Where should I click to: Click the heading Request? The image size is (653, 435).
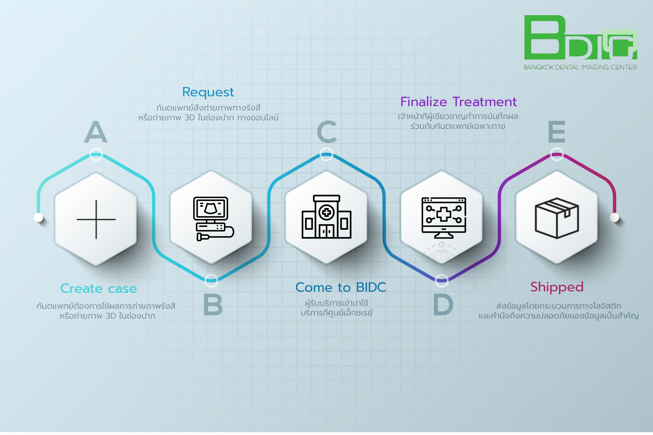[208, 92]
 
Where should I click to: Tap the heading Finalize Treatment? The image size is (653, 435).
[458, 101]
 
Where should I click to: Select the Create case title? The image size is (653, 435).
[98, 289]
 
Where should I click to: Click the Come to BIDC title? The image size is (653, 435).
[341, 287]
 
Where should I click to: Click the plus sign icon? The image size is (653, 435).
[96, 219]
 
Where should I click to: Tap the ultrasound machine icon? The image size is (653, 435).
[214, 219]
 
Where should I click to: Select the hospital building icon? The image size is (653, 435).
[326, 217]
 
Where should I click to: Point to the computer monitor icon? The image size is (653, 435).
[444, 218]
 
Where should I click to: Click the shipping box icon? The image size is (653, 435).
[557, 218]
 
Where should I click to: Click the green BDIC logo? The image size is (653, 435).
[581, 37]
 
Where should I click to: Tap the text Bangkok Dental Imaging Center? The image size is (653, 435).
[580, 67]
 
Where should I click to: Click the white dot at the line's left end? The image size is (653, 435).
[38, 217]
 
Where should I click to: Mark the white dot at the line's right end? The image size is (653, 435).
[614, 217]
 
